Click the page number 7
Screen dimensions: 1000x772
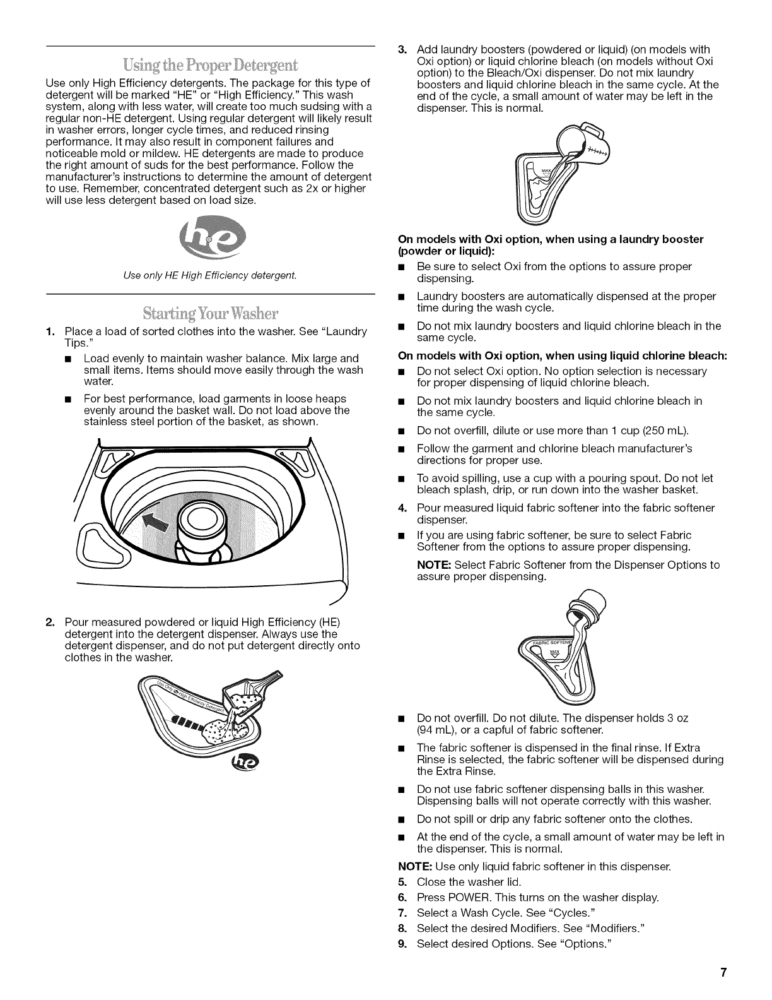[726, 973]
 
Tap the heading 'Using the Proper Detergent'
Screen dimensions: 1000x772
[211, 66]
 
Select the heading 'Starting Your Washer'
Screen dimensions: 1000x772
[211, 313]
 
